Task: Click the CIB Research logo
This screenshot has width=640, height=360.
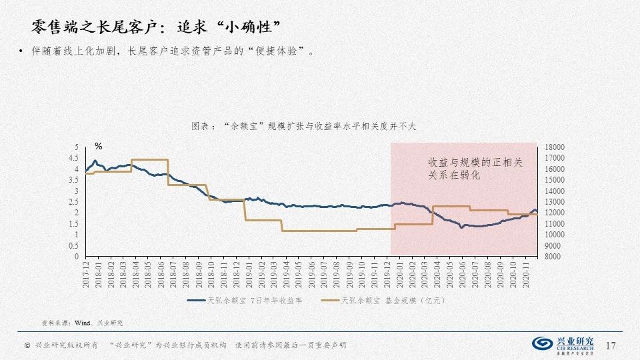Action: (563, 344)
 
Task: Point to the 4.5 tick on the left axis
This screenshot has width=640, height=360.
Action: (74, 158)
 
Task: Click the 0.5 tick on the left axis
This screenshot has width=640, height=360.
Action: (74, 246)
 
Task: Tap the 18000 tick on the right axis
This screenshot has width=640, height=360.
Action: (554, 147)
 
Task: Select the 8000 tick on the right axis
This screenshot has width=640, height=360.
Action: (554, 257)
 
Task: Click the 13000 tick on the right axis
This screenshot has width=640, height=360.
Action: (554, 202)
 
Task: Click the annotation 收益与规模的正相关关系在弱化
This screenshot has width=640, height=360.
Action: (475, 169)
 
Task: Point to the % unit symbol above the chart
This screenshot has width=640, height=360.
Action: (98, 146)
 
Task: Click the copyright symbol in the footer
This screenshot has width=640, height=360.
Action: (27, 345)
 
